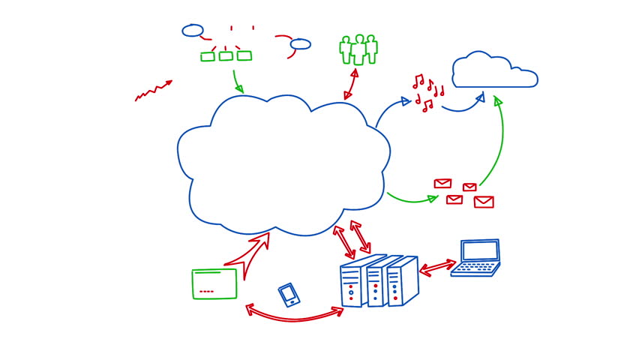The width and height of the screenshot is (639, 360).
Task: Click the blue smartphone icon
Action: [289, 295]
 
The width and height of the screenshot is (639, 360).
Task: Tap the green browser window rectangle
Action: [214, 283]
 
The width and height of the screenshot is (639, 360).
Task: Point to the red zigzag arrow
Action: [153, 91]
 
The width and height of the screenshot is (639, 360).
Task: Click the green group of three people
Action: [358, 49]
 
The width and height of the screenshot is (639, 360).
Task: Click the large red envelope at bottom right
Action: [484, 202]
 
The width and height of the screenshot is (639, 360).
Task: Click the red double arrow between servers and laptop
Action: [438, 267]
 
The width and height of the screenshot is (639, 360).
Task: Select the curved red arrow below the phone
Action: [292, 316]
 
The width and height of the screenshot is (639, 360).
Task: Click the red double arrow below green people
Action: [350, 83]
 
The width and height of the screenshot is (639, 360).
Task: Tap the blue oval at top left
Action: [193, 31]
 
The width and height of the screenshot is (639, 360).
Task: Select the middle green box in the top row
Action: [226, 55]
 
